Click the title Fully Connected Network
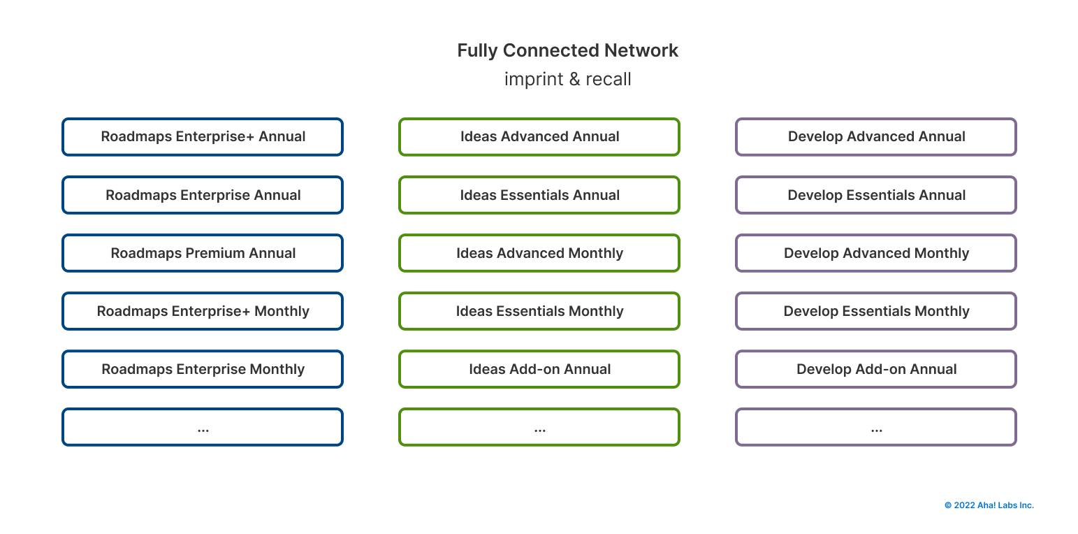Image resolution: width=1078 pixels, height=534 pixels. tap(567, 50)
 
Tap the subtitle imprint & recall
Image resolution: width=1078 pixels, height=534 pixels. tap(567, 79)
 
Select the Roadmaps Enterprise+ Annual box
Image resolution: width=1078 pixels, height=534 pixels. tap(203, 136)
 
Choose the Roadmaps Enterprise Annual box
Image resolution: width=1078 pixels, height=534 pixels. tap(203, 195)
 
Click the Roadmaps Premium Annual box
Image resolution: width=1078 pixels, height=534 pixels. tap(203, 253)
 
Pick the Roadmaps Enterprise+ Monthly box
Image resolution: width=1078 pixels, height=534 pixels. tap(203, 311)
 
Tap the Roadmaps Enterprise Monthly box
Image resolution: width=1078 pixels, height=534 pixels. tap(203, 369)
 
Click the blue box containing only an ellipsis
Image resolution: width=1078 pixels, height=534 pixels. tap(203, 427)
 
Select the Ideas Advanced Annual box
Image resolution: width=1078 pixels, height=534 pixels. tap(539, 136)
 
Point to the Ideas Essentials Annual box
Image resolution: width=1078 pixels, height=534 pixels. tap(539, 195)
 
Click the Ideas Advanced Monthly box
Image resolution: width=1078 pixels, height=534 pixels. tap(539, 253)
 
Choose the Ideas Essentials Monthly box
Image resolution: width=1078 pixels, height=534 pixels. tap(539, 311)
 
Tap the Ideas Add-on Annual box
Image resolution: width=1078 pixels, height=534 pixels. tap(539, 369)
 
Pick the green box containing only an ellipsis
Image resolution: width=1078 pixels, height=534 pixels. tap(539, 427)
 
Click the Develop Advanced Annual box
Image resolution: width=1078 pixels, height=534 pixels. tap(876, 136)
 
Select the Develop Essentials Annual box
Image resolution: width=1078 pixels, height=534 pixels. tap(876, 195)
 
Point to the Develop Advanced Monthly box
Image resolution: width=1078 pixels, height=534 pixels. tap(876, 253)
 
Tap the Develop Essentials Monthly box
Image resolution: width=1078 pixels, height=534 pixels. tap(876, 311)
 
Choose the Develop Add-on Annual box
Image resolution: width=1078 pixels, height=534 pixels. tap(876, 369)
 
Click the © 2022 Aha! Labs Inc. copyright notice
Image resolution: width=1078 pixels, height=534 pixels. tap(989, 505)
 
